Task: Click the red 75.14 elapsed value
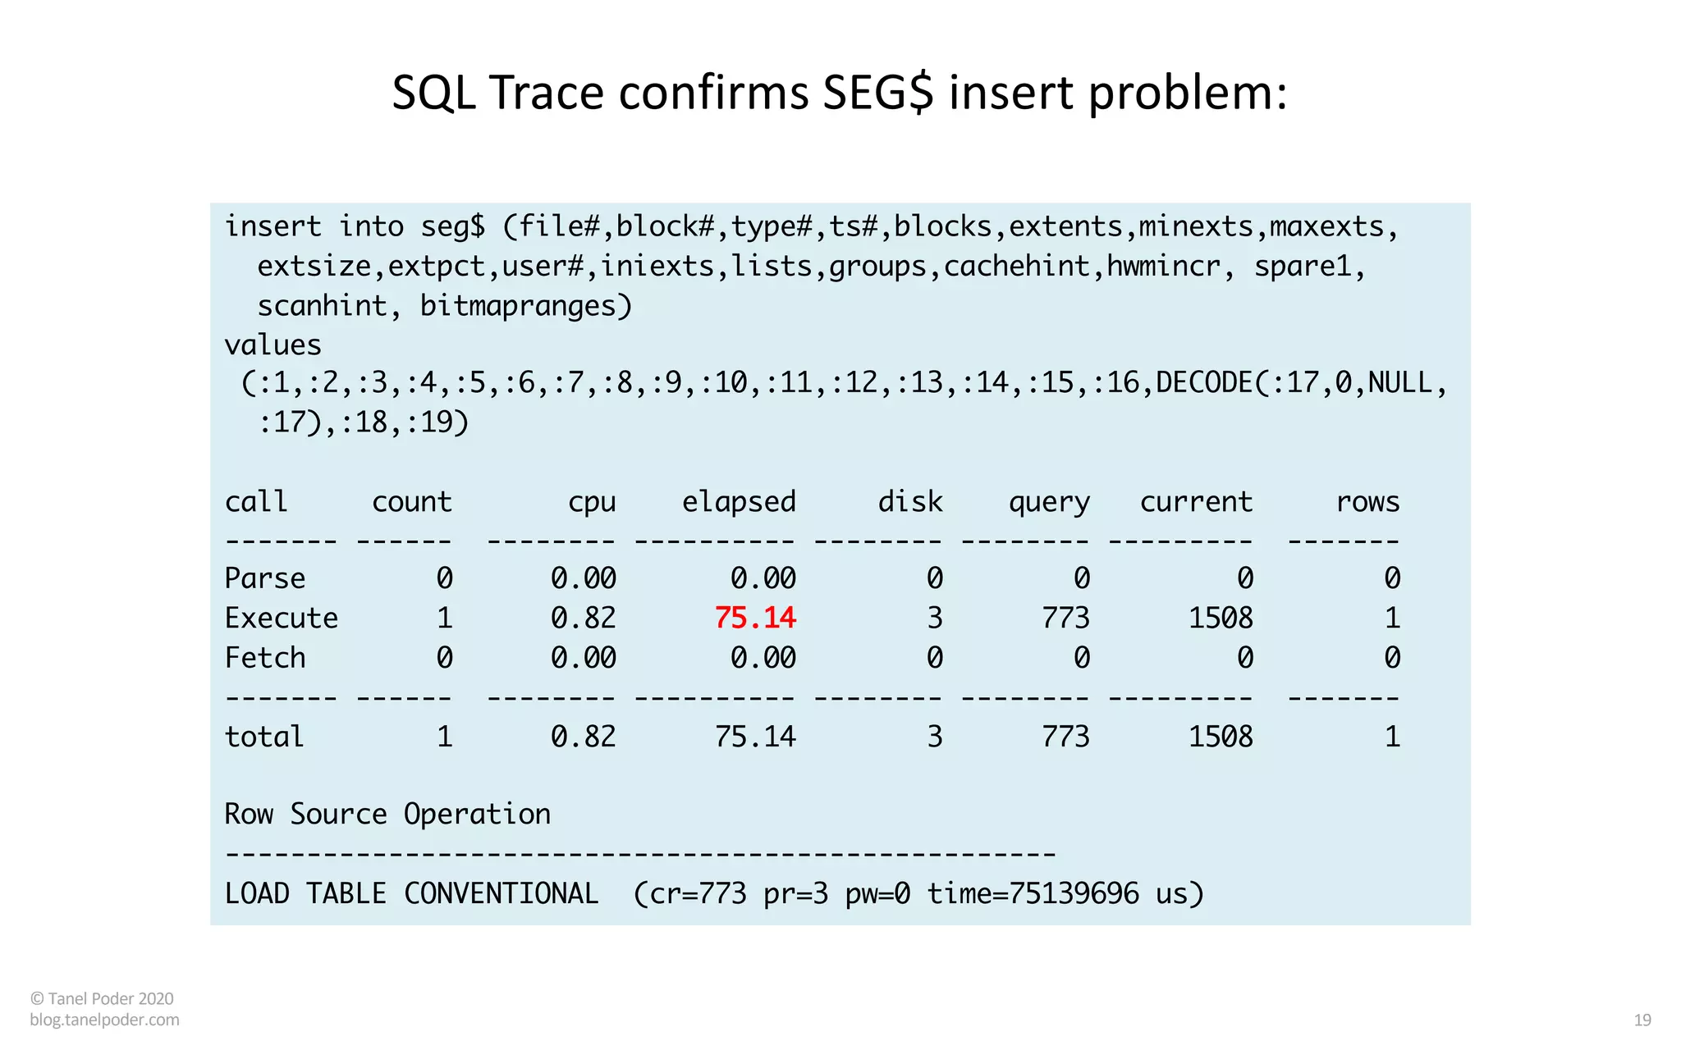tap(755, 618)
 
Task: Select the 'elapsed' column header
tap(739, 501)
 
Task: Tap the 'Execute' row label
tap(281, 618)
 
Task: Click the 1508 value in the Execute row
tap(1221, 618)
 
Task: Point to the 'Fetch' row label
tap(264, 658)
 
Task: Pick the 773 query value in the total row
tap(1065, 737)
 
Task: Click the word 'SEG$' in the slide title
tap(877, 92)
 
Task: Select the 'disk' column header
tap(910, 501)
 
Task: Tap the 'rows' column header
tap(1367, 501)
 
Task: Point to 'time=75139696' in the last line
tap(1033, 893)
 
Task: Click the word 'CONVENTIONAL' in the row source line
tap(501, 893)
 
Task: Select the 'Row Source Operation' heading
tap(387, 814)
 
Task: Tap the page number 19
tap(1642, 1020)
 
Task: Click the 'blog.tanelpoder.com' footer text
tap(104, 1020)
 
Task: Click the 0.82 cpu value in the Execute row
tap(583, 618)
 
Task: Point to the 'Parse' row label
tap(264, 578)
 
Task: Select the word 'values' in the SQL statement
tap(273, 345)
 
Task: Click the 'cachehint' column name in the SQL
tap(1016, 267)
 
